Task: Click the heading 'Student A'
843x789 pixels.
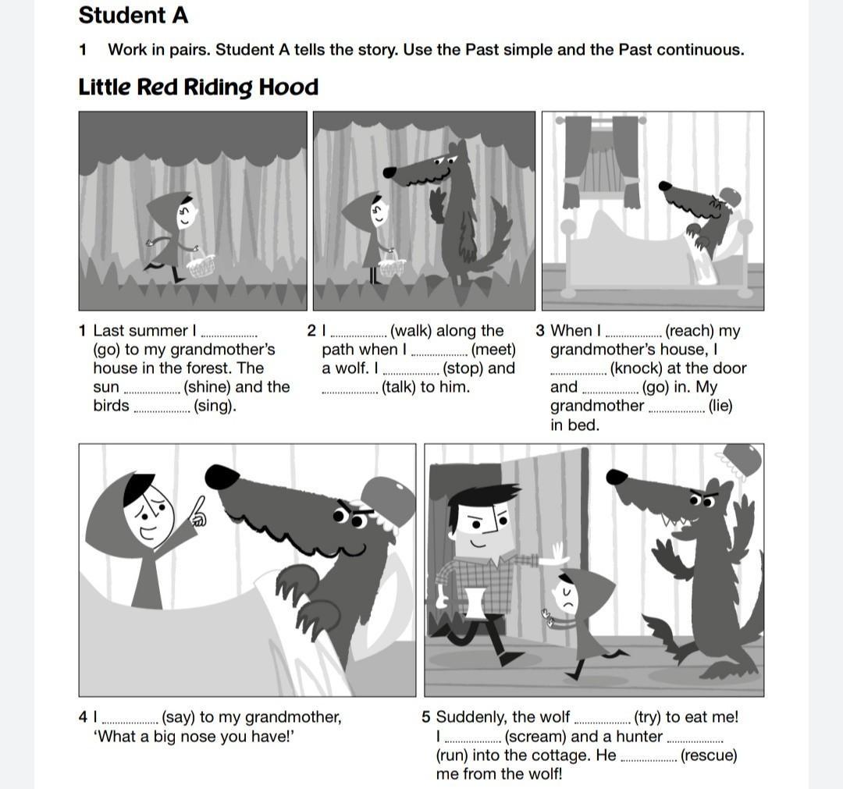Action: coord(133,15)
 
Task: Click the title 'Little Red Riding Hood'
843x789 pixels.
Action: coord(198,87)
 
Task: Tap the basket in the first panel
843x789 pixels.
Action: coord(201,265)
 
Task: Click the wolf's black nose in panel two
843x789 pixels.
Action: coord(389,172)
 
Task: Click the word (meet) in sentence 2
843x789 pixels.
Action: coord(493,350)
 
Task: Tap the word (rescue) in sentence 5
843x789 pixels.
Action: coord(709,755)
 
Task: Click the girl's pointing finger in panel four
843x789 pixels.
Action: coord(197,510)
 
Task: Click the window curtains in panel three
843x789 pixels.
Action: coord(601,161)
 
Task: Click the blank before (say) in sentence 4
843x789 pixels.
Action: coord(130,722)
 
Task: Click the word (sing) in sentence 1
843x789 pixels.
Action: coord(215,406)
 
